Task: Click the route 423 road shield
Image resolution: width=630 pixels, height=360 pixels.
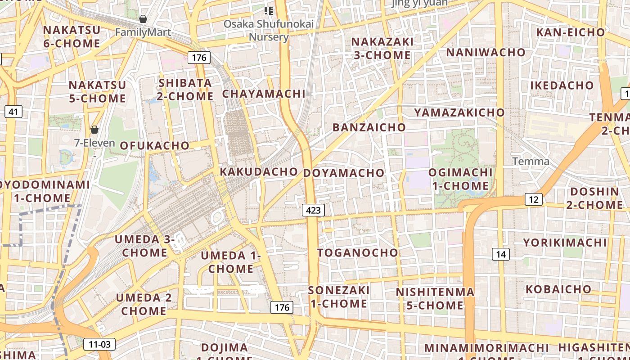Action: point(313,210)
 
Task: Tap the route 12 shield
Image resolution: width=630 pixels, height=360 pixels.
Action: point(533,199)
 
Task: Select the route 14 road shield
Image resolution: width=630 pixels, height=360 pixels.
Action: point(501,254)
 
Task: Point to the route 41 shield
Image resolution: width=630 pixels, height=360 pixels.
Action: point(13,112)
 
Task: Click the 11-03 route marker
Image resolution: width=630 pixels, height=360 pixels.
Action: point(99,345)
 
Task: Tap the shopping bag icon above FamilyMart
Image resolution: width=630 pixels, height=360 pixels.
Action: point(143,19)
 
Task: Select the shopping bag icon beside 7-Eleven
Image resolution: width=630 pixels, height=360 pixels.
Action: point(94,130)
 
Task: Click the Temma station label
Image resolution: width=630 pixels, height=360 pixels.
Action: point(531,162)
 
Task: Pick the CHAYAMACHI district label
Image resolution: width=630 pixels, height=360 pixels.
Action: point(264,94)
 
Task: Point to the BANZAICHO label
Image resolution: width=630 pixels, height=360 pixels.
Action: point(369,127)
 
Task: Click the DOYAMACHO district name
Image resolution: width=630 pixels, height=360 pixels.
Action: point(344,173)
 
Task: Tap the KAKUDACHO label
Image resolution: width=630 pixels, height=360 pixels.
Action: point(259,171)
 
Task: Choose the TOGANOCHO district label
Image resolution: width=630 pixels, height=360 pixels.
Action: point(358,253)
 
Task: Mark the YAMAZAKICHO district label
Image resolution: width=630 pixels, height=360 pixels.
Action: point(459,112)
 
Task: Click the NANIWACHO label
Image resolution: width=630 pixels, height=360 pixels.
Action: point(486,52)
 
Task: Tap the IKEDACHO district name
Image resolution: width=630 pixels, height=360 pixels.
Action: point(562,85)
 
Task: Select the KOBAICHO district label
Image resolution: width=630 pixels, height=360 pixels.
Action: point(558,289)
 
